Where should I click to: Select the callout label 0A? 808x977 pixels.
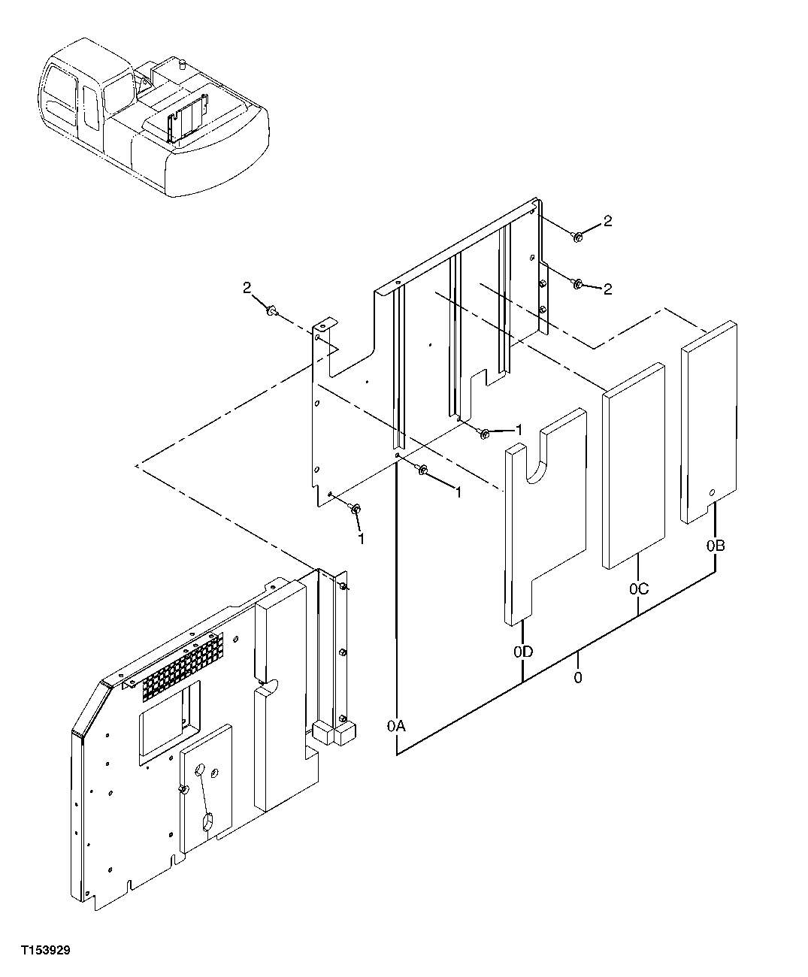(396, 725)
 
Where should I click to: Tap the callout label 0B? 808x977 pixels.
(715, 546)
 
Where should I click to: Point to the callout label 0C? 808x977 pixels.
(638, 588)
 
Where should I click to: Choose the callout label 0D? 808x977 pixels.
(523, 652)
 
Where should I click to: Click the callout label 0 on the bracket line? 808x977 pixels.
(577, 677)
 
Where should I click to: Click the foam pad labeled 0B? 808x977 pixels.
(709, 421)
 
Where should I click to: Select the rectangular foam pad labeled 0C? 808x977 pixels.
(633, 466)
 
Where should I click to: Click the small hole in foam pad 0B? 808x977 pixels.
(712, 492)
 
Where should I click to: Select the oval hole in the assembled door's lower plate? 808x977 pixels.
(208, 824)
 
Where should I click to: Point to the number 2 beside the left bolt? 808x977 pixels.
(246, 287)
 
